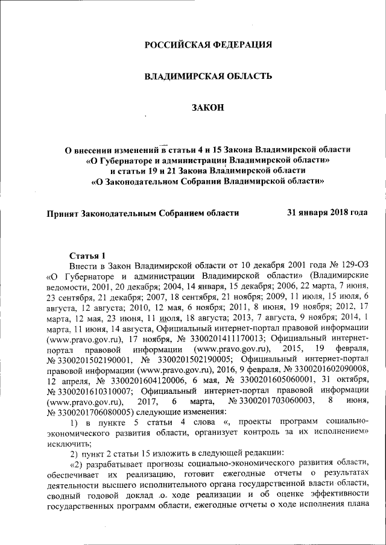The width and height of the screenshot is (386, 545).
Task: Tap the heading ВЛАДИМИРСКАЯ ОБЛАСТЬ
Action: [207, 76]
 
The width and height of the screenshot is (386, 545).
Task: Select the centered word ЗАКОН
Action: [207, 107]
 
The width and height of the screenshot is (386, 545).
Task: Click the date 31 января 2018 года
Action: [326, 213]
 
